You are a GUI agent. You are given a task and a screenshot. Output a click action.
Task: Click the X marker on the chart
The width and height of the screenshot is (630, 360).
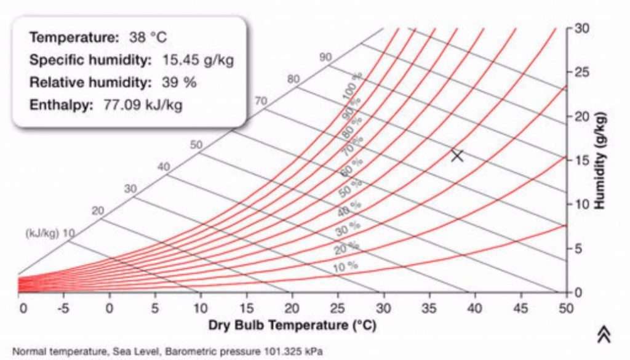point(457,156)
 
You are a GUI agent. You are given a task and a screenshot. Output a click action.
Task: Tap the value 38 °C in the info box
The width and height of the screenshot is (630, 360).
point(148,38)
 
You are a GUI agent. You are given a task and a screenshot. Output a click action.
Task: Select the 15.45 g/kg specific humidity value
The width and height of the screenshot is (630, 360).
point(198,60)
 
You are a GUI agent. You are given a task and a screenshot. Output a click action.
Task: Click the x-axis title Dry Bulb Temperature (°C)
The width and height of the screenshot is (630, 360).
point(292,324)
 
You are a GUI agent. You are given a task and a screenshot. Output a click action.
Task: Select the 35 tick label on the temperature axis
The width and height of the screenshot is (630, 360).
point(429,307)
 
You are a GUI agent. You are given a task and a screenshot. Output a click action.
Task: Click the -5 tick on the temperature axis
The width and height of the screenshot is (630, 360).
point(63,307)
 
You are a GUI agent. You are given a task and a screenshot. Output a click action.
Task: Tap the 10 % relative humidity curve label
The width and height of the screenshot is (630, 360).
point(345,266)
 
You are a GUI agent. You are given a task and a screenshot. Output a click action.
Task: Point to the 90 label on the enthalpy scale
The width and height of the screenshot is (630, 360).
point(325,57)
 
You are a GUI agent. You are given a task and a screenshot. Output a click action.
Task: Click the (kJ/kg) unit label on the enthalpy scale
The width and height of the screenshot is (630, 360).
point(41,234)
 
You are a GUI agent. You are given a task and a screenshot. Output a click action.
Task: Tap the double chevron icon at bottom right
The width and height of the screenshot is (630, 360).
point(604,333)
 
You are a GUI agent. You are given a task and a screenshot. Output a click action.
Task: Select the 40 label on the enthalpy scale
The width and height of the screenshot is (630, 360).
point(163,167)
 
